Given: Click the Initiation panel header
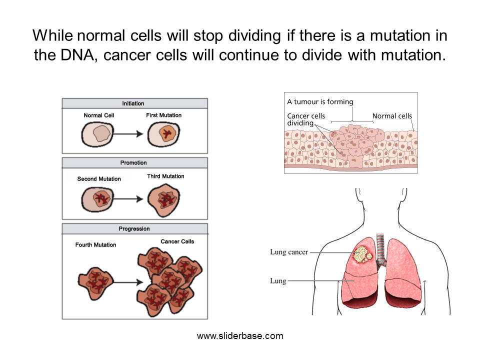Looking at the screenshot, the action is pos(134,103).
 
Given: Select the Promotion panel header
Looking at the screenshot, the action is pos(134,163).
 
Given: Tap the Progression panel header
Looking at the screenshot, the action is pos(134,228).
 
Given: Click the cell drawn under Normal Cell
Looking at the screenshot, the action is pos(97,134).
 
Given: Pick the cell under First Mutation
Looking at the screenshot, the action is pos(164,134).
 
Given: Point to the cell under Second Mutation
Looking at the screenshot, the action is pos(97,199).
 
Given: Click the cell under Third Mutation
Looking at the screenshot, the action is pos(164,200).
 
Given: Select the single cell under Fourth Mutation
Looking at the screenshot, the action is pos(95,283).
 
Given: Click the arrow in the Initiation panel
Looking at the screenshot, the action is pos(128,134).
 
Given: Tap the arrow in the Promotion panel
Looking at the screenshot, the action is pos(128,199).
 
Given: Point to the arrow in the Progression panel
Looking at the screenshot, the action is pos(128,282).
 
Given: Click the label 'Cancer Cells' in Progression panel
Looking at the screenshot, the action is pos(177,241).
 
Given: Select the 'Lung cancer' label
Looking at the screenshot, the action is pos(289,252).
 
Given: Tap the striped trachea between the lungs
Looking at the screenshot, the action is pos(380,249).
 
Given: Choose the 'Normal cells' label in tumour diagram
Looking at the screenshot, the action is pos(392,116).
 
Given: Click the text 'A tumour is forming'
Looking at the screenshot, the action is pos(320,101).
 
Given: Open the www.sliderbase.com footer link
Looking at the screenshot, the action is pos(240,336).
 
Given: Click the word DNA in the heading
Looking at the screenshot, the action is pos(77,55).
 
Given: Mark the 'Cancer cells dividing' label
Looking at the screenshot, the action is pos(306,119).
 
